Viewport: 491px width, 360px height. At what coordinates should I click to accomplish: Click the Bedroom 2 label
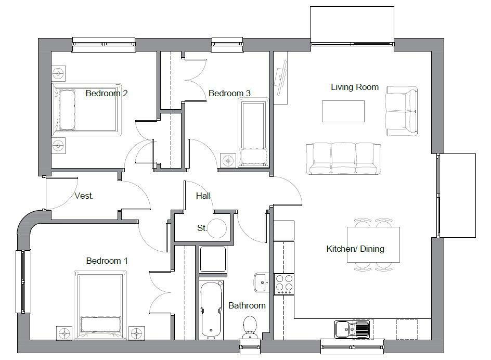click(107, 94)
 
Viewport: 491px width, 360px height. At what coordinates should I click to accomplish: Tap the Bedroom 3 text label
click(229, 94)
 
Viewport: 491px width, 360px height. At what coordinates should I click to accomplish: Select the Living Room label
click(355, 87)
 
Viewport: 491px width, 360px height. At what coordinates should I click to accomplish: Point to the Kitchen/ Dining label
click(355, 249)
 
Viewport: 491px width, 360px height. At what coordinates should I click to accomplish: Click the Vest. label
click(84, 196)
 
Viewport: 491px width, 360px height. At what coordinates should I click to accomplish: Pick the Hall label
click(203, 196)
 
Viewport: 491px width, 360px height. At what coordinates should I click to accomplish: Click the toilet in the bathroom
click(250, 326)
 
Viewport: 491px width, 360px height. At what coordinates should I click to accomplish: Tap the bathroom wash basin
click(261, 282)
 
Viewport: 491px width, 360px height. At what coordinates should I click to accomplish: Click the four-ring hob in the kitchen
click(284, 285)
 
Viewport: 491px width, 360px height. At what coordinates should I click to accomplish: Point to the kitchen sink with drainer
click(352, 329)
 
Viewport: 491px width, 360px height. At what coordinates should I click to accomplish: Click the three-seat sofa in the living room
click(343, 158)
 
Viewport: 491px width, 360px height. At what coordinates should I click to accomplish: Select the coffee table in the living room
click(343, 111)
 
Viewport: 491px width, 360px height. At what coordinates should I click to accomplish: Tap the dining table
click(373, 245)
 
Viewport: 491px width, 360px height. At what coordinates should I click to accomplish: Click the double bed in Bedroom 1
click(102, 302)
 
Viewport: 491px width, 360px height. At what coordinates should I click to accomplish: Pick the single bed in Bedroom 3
click(253, 133)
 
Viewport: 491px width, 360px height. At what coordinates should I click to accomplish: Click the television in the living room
click(281, 80)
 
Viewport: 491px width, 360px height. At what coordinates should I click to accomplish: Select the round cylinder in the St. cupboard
click(217, 227)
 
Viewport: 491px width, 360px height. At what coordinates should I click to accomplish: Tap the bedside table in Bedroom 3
click(228, 161)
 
